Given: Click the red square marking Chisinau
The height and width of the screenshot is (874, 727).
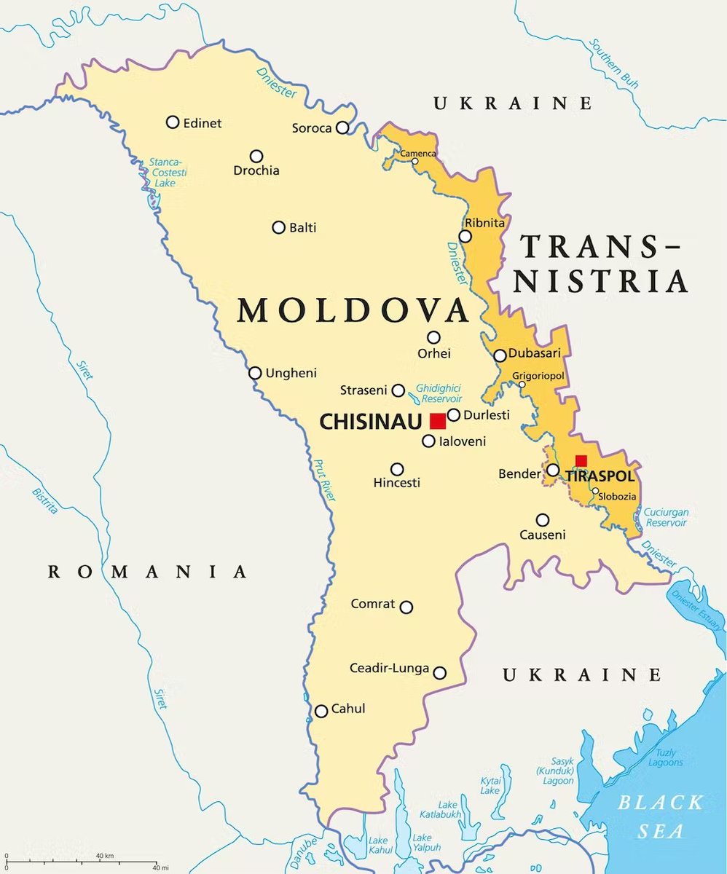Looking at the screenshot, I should pyautogui.click(x=438, y=421).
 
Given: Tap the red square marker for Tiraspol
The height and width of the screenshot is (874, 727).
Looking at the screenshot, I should pyautogui.click(x=581, y=460).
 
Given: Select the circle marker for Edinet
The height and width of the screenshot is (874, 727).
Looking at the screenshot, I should pyautogui.click(x=173, y=122).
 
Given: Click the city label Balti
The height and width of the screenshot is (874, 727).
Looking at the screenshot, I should pyautogui.click(x=303, y=227).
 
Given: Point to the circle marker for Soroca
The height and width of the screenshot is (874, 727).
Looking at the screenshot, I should pyautogui.click(x=342, y=128).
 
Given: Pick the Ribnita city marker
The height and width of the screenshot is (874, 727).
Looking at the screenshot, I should pyautogui.click(x=465, y=236).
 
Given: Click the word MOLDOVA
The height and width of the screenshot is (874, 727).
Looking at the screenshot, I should pyautogui.click(x=353, y=310).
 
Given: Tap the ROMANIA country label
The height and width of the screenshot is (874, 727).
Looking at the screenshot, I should pyautogui.click(x=148, y=572).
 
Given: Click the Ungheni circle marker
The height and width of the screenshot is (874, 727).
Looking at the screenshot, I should pyautogui.click(x=255, y=373).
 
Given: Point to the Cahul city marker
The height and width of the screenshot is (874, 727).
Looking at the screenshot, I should pyautogui.click(x=321, y=711).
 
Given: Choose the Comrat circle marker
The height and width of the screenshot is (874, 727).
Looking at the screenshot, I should pyautogui.click(x=406, y=607).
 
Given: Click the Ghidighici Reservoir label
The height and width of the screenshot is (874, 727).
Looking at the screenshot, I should pyautogui.click(x=438, y=394).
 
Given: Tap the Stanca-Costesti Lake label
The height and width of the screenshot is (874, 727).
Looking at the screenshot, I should pyautogui.click(x=168, y=172).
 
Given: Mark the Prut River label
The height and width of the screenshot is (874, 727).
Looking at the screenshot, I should pyautogui.click(x=324, y=479).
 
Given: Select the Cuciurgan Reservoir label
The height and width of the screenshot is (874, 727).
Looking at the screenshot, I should pyautogui.click(x=665, y=517).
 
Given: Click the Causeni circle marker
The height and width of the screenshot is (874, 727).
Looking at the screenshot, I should pyautogui.click(x=543, y=520).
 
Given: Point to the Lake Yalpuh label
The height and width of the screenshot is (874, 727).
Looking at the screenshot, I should pyautogui.click(x=427, y=843).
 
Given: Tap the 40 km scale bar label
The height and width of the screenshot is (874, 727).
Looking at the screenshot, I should pyautogui.click(x=104, y=855).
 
